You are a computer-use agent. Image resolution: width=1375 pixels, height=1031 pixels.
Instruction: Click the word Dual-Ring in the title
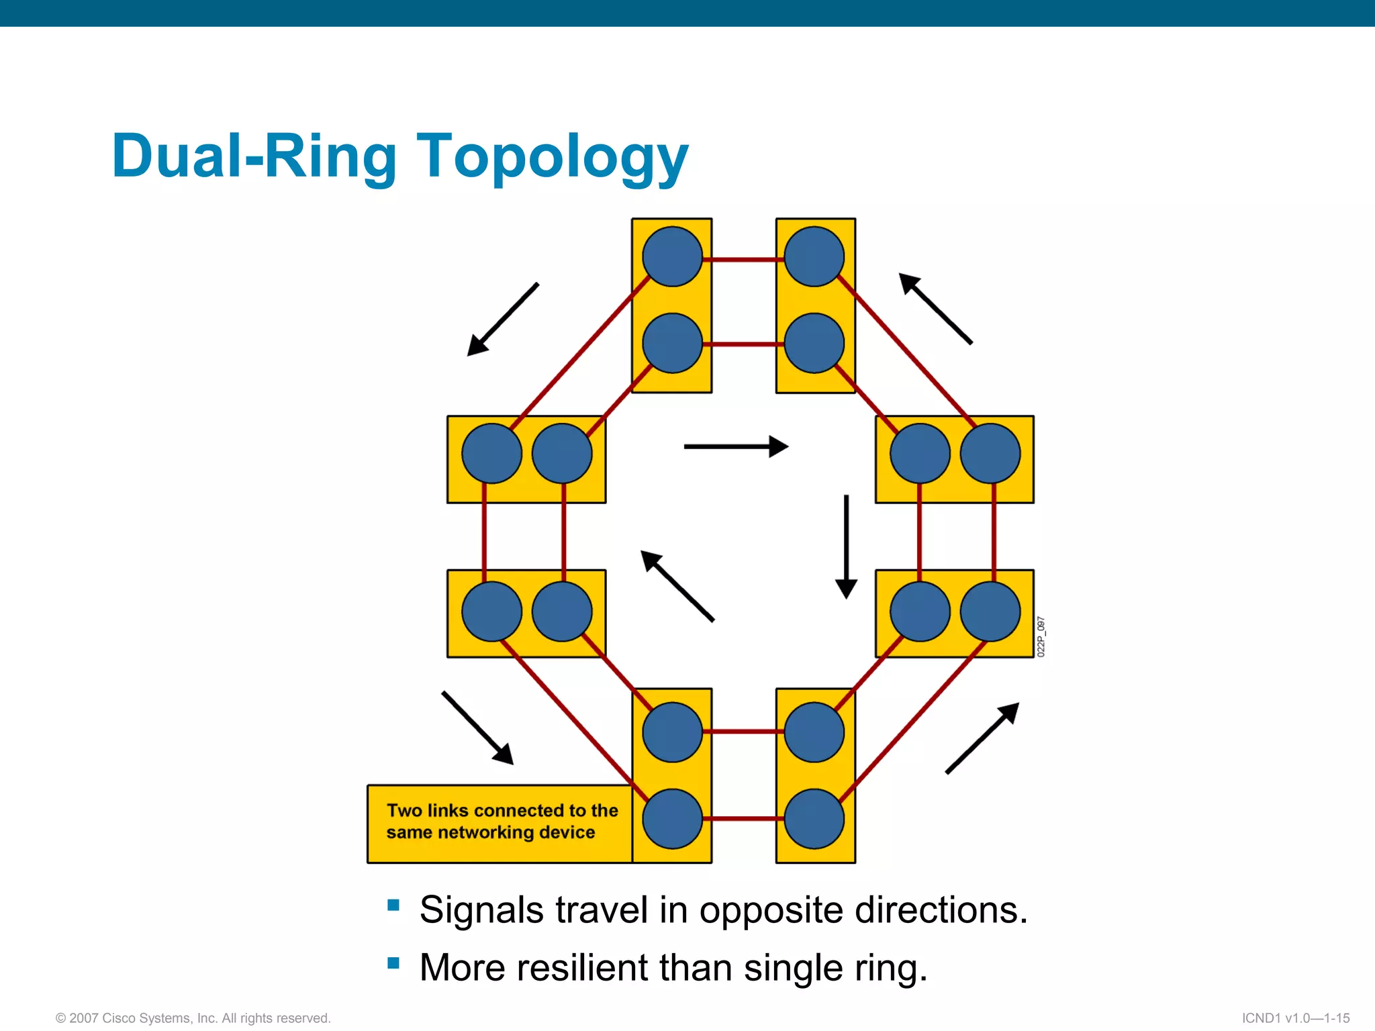(254, 156)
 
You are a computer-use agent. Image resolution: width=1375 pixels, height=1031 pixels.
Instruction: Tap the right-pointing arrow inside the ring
(736, 446)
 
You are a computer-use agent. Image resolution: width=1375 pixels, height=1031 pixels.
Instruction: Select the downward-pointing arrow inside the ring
(846, 547)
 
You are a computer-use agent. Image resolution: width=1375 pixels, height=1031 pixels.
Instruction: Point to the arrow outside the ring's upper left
(503, 320)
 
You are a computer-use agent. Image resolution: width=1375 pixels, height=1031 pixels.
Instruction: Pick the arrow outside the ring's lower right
(982, 738)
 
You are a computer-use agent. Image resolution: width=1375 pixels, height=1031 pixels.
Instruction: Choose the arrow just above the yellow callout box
(477, 728)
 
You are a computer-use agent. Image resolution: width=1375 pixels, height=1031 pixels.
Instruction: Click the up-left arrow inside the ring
(677, 586)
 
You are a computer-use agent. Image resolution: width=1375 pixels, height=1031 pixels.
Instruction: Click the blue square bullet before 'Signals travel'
(393, 905)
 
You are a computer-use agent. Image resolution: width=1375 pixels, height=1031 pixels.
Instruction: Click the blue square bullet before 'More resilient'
(393, 964)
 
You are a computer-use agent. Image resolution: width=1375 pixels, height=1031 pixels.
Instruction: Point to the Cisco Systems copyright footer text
(193, 1018)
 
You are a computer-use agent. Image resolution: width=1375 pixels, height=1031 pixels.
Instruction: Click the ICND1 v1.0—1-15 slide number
(1295, 1018)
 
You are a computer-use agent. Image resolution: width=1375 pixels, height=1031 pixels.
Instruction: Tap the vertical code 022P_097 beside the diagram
(1041, 636)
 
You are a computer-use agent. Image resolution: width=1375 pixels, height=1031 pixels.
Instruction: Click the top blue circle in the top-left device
(672, 256)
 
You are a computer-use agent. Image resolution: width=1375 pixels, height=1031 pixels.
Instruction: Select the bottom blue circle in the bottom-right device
(814, 819)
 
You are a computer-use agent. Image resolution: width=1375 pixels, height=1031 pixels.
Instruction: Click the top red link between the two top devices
(744, 259)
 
